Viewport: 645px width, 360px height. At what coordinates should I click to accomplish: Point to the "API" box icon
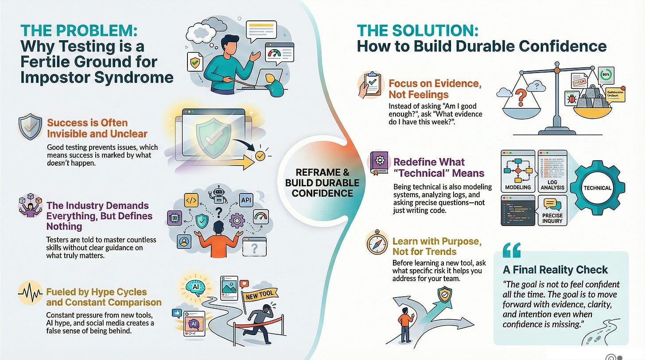[246, 200]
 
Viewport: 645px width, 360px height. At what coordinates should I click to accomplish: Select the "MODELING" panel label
[517, 187]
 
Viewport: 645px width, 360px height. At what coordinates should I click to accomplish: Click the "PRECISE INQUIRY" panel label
[552, 218]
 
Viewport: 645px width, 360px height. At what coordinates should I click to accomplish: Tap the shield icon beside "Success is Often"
[31, 128]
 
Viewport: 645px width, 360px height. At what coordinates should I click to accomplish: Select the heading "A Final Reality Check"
[556, 269]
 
